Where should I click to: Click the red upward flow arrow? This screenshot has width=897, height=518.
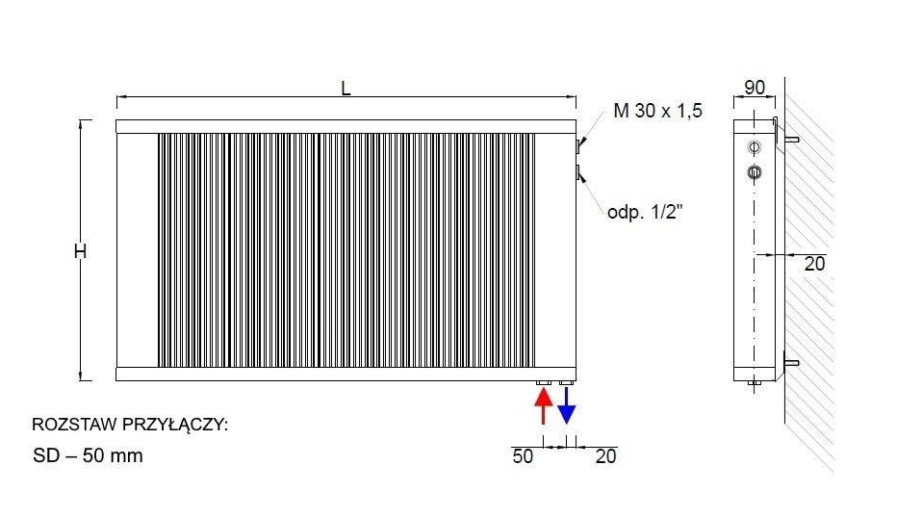543,405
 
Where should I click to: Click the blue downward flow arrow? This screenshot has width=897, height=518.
566,405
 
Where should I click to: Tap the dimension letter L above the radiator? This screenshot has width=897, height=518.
346,89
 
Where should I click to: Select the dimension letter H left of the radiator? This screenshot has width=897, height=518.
80,251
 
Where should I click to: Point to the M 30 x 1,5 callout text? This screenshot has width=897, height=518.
658,111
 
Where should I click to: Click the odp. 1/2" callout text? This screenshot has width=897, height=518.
645,213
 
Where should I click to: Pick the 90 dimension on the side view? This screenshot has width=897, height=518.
755,88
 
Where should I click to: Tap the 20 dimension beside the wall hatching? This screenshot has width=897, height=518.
814,264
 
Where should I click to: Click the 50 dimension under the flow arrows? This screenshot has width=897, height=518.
523,456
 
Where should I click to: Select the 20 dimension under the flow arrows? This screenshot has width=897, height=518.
605,456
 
